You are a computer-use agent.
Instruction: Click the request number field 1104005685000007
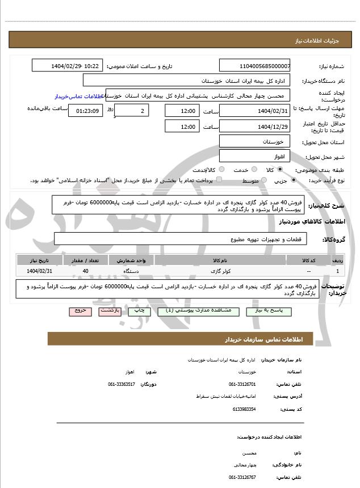point(254,66)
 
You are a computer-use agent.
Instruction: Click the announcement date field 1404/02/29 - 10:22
point(68,66)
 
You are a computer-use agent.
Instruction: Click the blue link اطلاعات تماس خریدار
point(73,96)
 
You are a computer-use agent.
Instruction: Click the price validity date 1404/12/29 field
point(254,127)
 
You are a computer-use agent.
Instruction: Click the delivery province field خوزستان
point(254,141)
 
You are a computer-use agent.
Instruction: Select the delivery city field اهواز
point(254,155)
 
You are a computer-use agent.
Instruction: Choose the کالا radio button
point(280,170)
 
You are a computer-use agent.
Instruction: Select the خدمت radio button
point(253,170)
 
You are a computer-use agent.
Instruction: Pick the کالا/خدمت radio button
point(221,170)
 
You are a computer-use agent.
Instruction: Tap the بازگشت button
point(108,312)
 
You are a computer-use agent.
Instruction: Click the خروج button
point(78,312)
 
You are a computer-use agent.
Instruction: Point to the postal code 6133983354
point(244,409)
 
